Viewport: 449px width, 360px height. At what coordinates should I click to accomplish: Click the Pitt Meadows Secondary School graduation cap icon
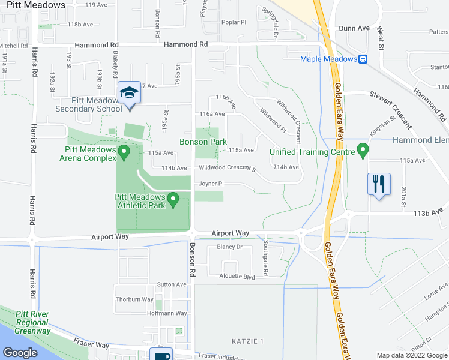[x=130, y=93]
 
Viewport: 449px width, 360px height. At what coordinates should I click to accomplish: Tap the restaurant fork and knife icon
[x=379, y=184]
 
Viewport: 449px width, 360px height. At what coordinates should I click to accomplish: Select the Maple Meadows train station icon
[x=363, y=59]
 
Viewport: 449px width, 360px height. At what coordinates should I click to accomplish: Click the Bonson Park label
[x=203, y=142]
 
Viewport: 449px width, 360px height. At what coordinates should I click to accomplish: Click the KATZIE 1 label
[x=247, y=341]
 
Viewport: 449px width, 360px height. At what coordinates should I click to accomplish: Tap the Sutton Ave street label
[x=172, y=284]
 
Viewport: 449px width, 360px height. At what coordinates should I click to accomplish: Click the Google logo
[x=20, y=353]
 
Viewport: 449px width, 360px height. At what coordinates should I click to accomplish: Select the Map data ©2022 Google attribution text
[x=411, y=355]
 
